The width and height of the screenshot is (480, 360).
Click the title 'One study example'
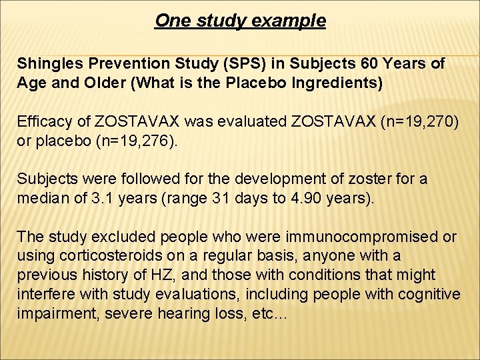240,21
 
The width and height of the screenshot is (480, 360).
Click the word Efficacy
43,122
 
